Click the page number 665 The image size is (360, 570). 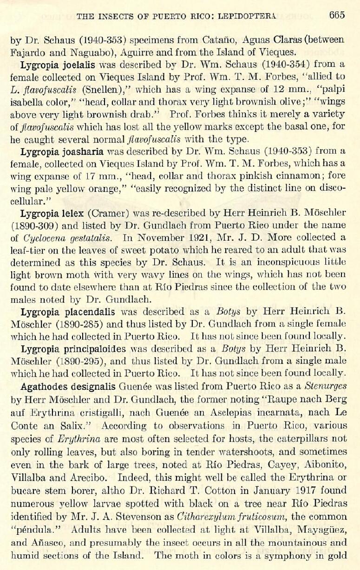tap(337, 15)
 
